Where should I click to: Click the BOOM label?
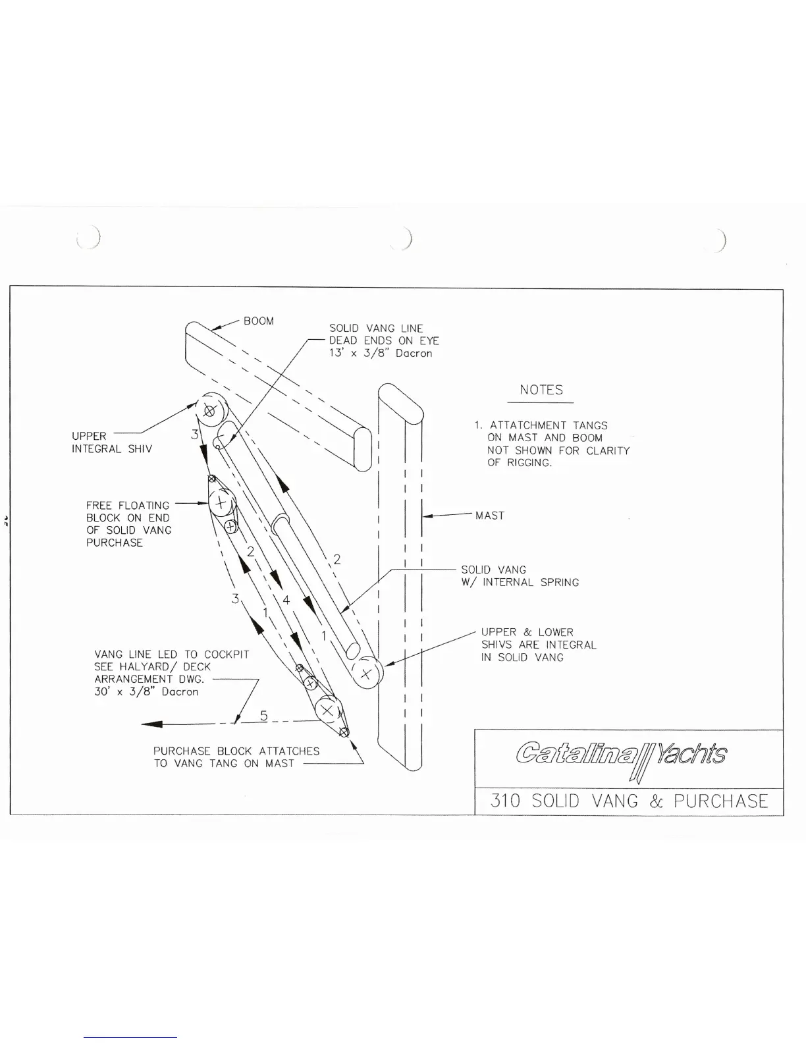[x=258, y=321]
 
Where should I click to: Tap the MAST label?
[x=490, y=516]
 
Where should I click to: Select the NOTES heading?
[x=541, y=390]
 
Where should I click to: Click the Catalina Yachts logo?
[x=622, y=755]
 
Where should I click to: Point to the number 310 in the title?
[x=505, y=801]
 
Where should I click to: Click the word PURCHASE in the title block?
[x=720, y=801]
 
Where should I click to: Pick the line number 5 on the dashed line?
[x=263, y=716]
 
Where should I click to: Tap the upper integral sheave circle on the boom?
[x=210, y=411]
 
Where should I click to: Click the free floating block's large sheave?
[x=221, y=504]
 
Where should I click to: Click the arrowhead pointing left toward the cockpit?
[x=153, y=725]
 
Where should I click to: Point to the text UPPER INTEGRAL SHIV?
[x=111, y=442]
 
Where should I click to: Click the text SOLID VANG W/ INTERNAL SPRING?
[x=520, y=576]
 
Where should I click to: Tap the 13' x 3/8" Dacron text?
[x=381, y=354]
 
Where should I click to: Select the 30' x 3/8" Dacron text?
[x=146, y=692]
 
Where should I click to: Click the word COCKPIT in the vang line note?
[x=227, y=655]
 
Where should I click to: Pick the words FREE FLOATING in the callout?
[x=127, y=506]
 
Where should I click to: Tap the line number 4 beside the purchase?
[x=286, y=600]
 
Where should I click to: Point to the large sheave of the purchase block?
[x=326, y=710]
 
